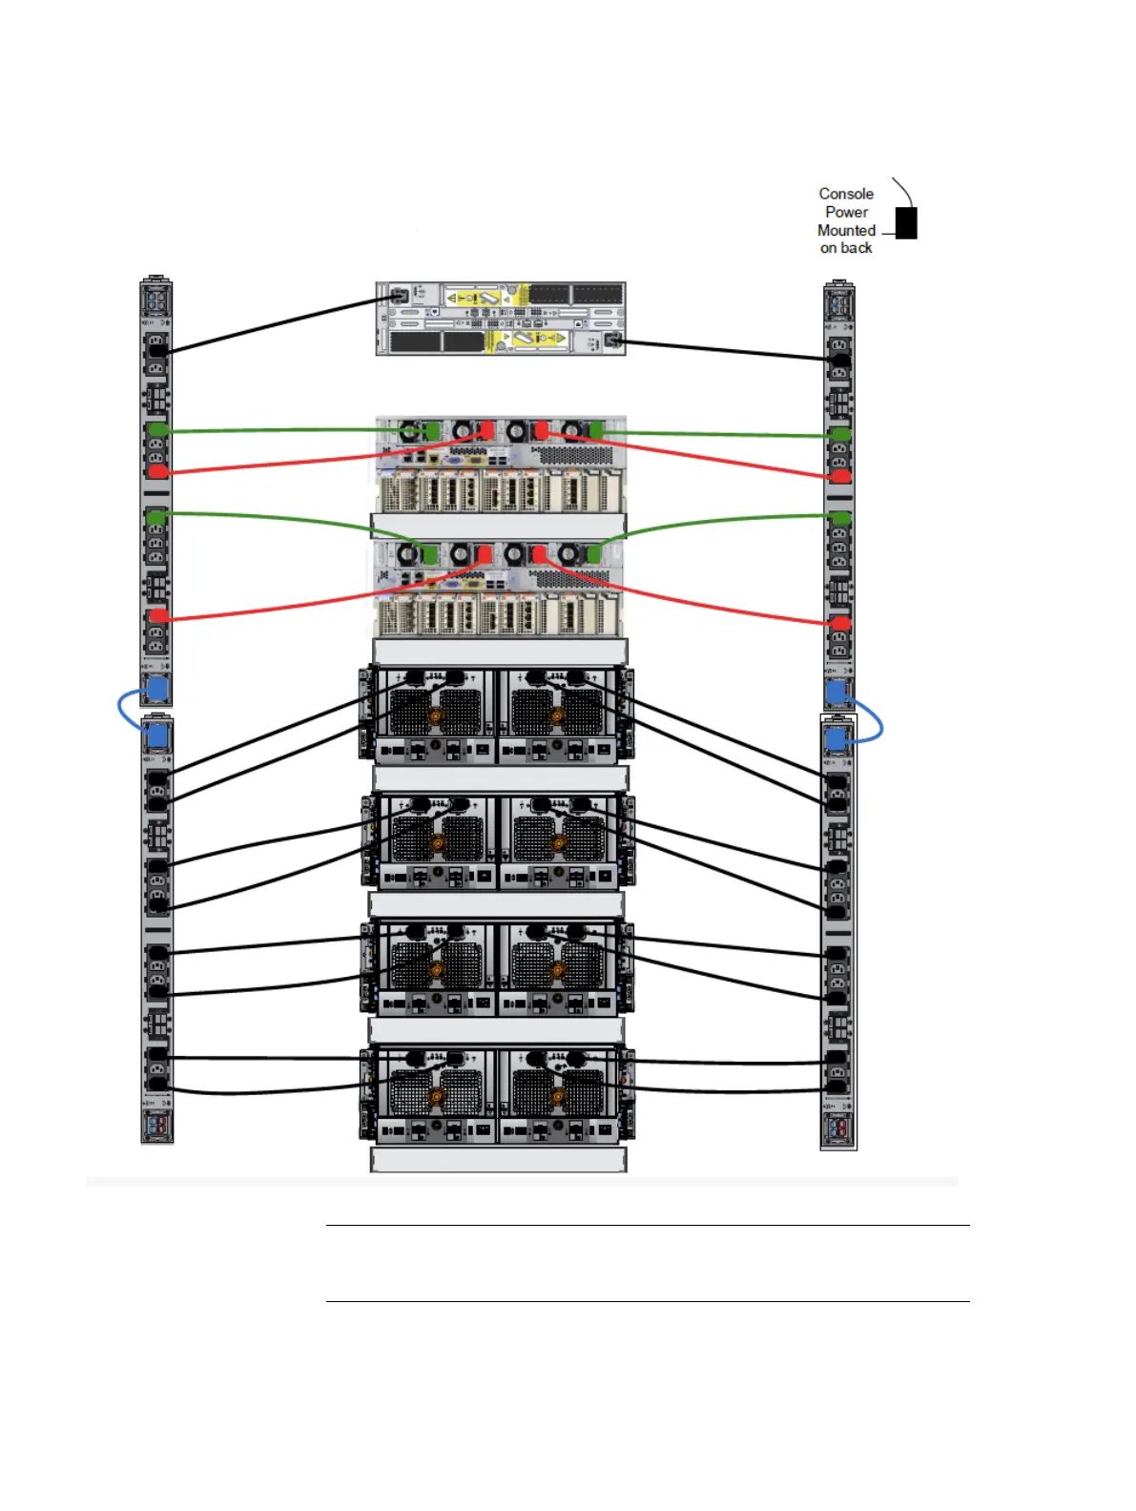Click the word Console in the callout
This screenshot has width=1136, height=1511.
(845, 194)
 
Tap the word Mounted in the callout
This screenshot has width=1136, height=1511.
(845, 230)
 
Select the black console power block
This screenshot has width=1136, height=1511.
(906, 223)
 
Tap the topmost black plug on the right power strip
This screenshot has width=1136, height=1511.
(840, 360)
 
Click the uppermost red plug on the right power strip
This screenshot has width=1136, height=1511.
(840, 475)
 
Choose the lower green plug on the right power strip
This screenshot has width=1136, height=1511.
(840, 518)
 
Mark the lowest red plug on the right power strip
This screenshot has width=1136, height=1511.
(840, 624)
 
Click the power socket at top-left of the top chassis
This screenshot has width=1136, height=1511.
(400, 297)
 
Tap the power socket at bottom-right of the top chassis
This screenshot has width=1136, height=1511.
(612, 340)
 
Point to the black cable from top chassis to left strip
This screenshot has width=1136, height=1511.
(277, 324)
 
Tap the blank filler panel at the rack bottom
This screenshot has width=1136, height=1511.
(498, 1159)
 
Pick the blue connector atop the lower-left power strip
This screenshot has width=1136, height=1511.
(157, 735)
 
